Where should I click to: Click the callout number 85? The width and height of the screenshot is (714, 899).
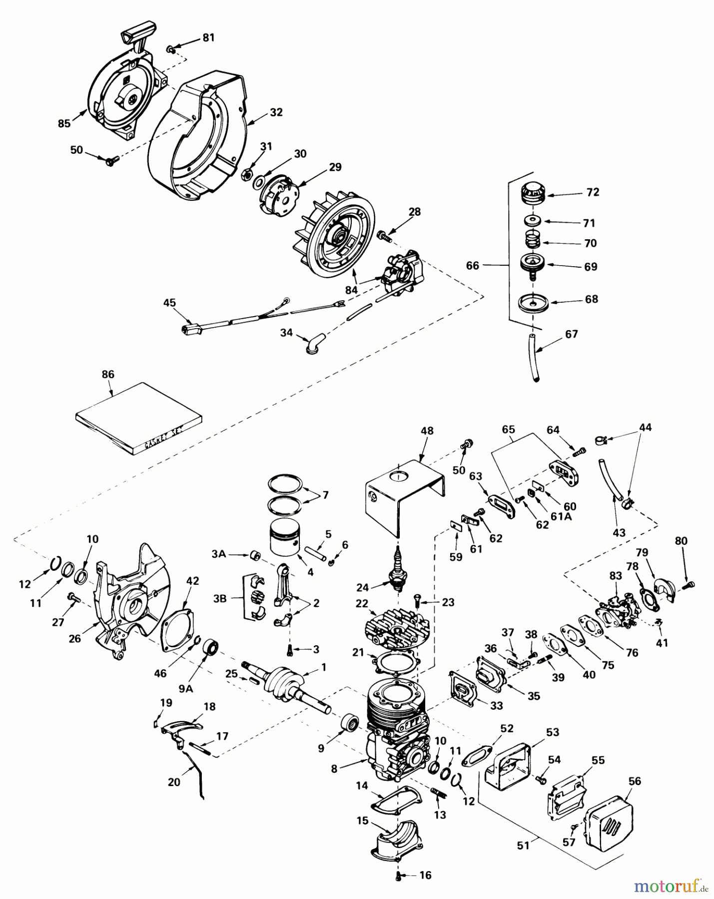click(x=64, y=123)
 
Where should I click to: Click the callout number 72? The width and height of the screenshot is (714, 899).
click(x=593, y=192)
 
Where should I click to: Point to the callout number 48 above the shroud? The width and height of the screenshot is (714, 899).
click(x=427, y=431)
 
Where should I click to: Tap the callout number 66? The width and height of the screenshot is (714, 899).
click(x=472, y=266)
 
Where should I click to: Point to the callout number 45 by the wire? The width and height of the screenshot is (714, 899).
click(x=169, y=303)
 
